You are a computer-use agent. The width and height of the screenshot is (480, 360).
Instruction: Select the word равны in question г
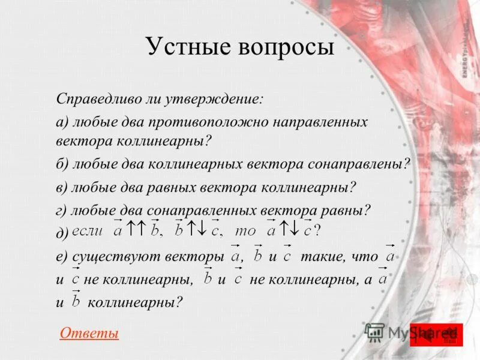[x=345, y=211]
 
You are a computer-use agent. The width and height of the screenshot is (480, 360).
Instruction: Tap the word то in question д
[x=245, y=230]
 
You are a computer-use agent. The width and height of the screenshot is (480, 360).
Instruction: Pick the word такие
[x=321, y=257]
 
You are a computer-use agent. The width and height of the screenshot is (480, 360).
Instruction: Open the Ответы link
[x=89, y=333]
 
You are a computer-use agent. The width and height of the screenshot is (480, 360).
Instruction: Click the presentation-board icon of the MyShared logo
[x=375, y=332]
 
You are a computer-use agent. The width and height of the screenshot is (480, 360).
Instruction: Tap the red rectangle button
[x=436, y=335]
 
